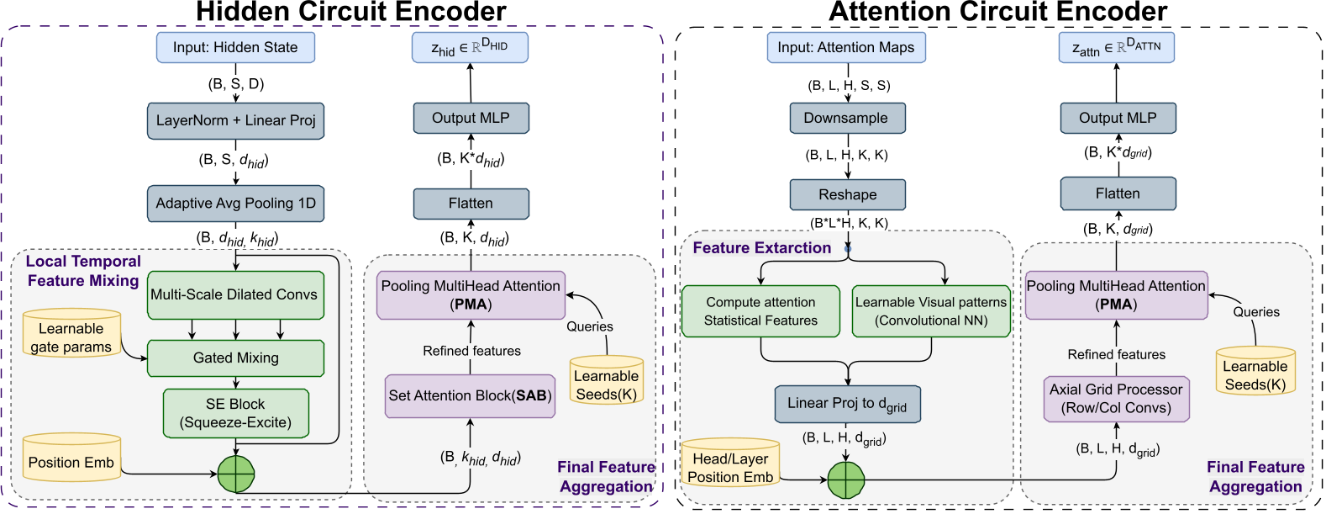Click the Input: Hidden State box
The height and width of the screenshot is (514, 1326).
(235, 47)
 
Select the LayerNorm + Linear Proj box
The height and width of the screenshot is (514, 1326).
(235, 120)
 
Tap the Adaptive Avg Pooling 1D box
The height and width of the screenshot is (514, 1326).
(235, 204)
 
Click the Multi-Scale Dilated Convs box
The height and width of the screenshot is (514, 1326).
(235, 294)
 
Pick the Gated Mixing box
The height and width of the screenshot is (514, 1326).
(235, 358)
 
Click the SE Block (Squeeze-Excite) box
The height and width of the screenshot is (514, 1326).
(235, 413)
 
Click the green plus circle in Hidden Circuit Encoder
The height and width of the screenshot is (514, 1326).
(236, 474)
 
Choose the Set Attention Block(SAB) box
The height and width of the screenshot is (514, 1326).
(470, 396)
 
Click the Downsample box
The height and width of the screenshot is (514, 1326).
(846, 118)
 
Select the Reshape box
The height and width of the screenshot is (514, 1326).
(847, 194)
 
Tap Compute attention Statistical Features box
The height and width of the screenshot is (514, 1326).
(760, 311)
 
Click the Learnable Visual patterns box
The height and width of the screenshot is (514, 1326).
(930, 311)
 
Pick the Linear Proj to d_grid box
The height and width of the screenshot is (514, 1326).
(847, 404)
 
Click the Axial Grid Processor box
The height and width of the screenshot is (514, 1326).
(1116, 399)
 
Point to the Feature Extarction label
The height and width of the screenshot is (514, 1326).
(761, 247)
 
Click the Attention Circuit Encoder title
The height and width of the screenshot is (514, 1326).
(997, 12)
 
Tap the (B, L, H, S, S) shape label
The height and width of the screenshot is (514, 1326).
(848, 85)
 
